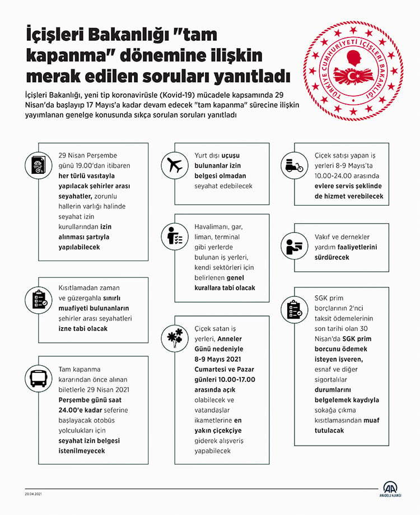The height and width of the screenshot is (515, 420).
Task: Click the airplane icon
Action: click(172, 164)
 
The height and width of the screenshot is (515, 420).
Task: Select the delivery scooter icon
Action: click(293, 163)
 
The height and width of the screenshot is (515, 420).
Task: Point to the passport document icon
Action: click(39, 164)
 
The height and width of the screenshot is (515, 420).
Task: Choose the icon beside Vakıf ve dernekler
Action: click(293, 247)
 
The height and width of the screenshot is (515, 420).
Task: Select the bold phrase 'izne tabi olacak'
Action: click(83, 328)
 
